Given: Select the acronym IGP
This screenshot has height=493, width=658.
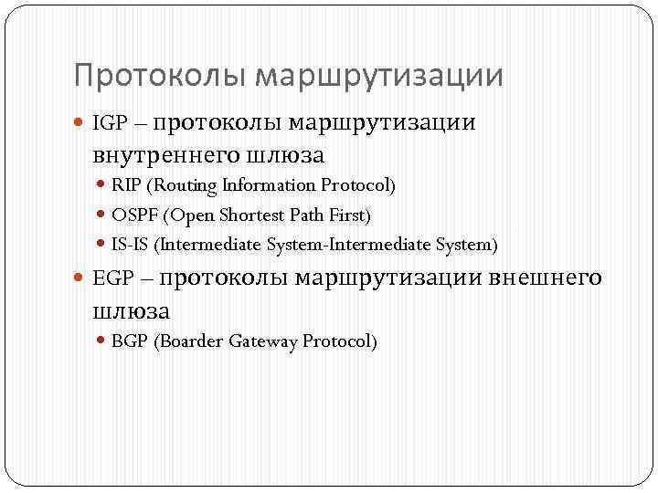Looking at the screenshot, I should [x=109, y=123].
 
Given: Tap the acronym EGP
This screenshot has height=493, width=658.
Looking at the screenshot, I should [x=111, y=278].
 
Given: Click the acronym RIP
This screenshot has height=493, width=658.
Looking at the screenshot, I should [x=126, y=185].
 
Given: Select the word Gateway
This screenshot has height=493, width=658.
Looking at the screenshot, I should [x=265, y=341].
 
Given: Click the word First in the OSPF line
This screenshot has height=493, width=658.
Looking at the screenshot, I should [x=348, y=215].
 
